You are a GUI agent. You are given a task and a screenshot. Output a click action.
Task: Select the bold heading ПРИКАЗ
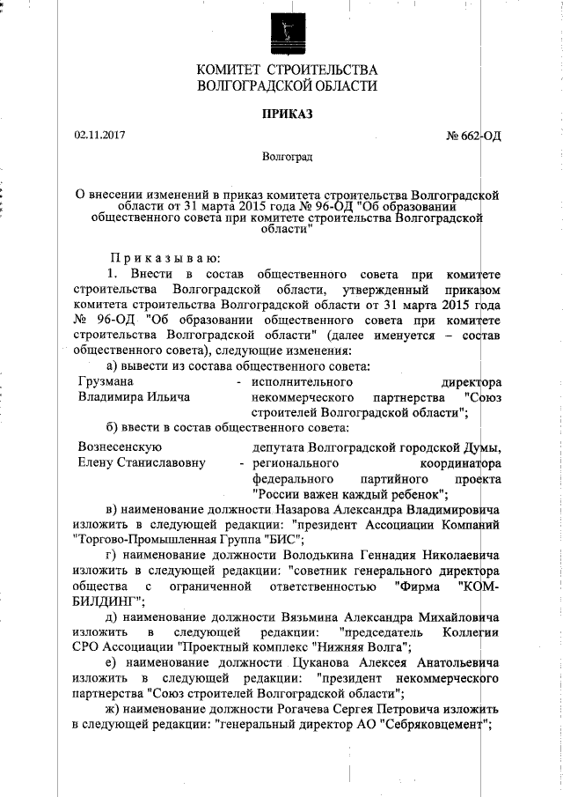click(x=288, y=114)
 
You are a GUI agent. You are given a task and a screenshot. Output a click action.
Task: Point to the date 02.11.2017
click(x=99, y=136)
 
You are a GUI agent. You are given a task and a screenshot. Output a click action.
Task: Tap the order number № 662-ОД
click(x=474, y=137)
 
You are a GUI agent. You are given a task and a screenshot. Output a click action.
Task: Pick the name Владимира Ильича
click(x=134, y=397)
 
